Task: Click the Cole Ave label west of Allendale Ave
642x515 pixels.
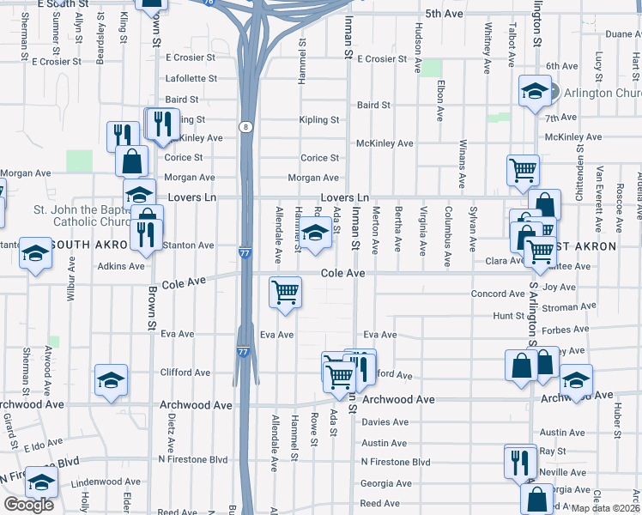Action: pyautogui.click(x=184, y=282)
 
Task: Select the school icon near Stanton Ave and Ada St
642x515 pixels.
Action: pyautogui.click(x=315, y=233)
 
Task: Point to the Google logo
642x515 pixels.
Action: pyautogui.click(x=28, y=505)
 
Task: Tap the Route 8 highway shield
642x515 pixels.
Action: pyautogui.click(x=247, y=127)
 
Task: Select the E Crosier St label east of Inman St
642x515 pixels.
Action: pyautogui.click(x=382, y=59)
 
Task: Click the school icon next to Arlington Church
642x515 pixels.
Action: pyautogui.click(x=535, y=91)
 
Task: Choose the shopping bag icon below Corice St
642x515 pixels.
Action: pyautogui.click(x=131, y=160)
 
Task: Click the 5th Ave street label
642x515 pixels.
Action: pyautogui.click(x=444, y=15)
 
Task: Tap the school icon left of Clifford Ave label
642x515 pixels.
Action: pyautogui.click(x=111, y=379)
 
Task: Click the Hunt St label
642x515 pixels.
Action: pyautogui.click(x=508, y=317)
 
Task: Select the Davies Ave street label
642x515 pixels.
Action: pyautogui.click(x=385, y=422)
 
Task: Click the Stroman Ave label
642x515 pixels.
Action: pyautogui.click(x=569, y=306)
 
